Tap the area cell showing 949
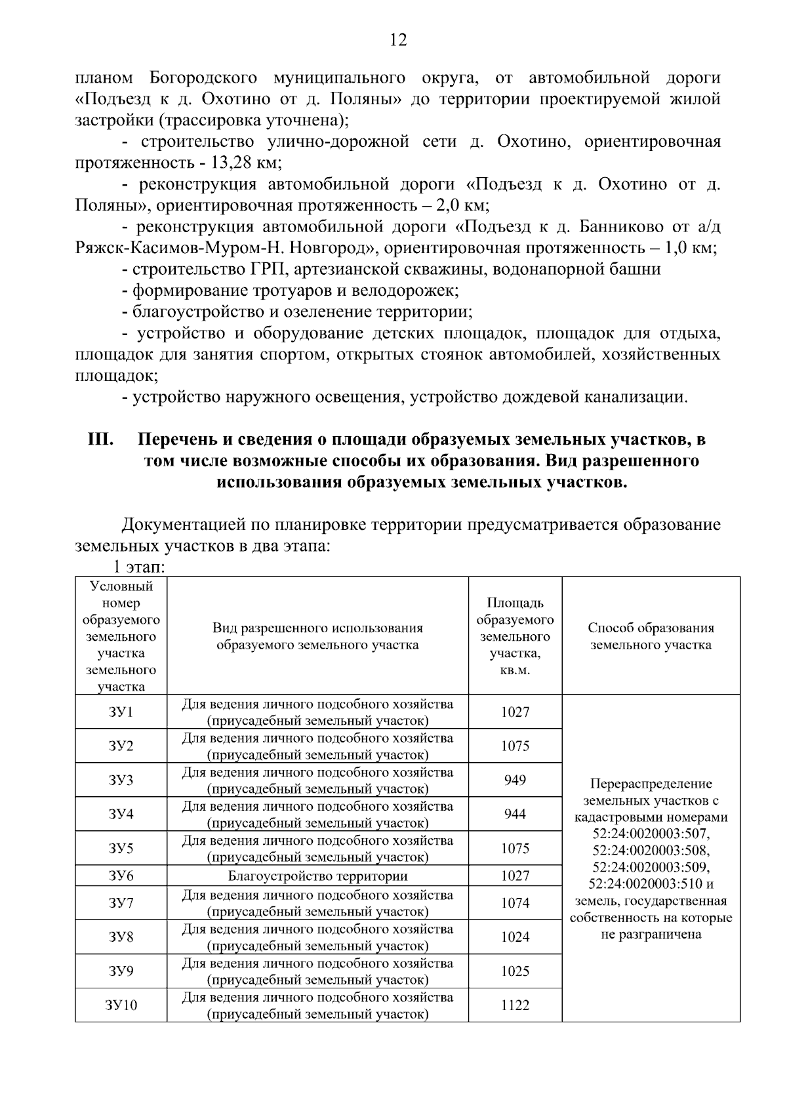515,780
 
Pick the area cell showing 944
515,814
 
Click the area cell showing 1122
515,1005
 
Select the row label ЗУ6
121,876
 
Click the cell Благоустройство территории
317,876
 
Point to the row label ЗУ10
121,1005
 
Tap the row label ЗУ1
121,712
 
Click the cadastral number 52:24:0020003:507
651,834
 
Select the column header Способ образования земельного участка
651,636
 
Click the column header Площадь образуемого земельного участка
515,636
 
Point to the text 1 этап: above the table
138,567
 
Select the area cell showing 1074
515,902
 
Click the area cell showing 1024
515,937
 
